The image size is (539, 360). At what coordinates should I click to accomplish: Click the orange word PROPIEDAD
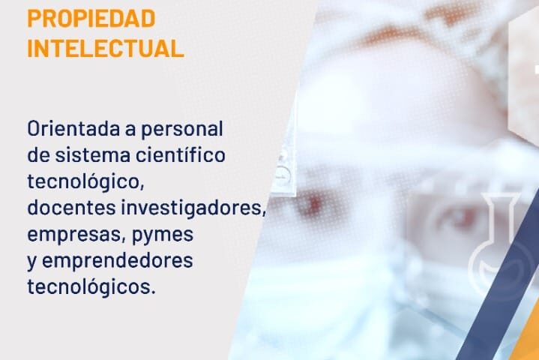click(x=91, y=19)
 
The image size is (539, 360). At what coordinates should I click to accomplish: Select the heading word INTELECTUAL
click(x=106, y=49)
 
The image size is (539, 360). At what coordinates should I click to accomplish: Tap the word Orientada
click(x=73, y=129)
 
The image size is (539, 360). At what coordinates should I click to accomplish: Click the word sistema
click(x=93, y=155)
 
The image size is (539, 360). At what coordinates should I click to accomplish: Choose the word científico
click(x=181, y=154)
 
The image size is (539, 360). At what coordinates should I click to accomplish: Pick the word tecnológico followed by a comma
click(x=85, y=182)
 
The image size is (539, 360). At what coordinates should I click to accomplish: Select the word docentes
click(x=71, y=208)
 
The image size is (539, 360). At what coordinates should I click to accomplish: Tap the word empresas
click(x=74, y=235)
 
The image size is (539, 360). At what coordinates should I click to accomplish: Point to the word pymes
click(x=163, y=235)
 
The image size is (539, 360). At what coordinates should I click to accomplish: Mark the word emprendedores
click(x=117, y=262)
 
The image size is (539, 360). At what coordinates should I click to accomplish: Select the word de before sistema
click(x=39, y=154)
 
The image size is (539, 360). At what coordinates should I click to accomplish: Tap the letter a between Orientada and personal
click(x=130, y=130)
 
